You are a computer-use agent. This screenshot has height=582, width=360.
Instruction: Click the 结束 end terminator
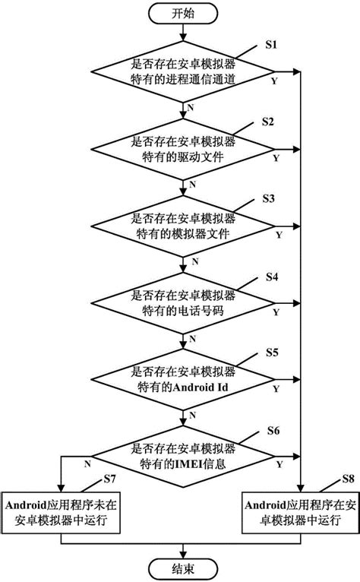[182, 568]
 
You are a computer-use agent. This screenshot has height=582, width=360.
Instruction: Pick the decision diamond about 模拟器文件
[182, 226]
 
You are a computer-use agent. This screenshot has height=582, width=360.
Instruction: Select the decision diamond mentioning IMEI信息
[182, 454]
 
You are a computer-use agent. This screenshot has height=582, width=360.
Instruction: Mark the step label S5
[271, 353]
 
